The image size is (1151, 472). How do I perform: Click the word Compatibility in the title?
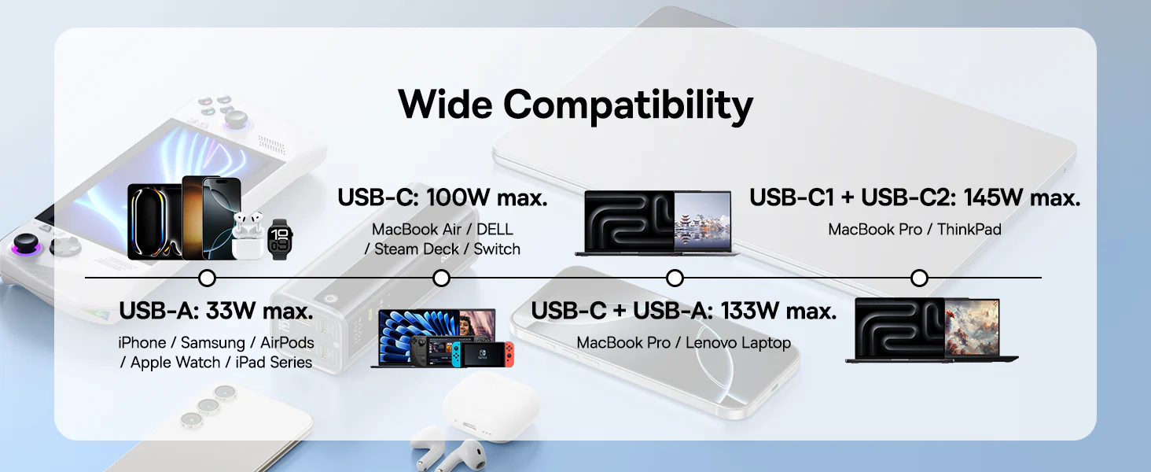click(x=627, y=105)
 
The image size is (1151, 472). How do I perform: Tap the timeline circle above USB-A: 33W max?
click(x=208, y=278)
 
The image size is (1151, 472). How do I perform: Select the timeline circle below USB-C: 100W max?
click(x=442, y=278)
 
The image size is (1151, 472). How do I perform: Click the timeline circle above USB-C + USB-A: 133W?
click(x=675, y=278)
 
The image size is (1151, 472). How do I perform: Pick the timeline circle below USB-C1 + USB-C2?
click(x=919, y=278)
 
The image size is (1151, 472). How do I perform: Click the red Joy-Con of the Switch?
click(x=511, y=353)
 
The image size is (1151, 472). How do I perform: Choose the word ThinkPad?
click(x=969, y=229)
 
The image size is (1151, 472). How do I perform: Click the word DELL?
click(x=495, y=229)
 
